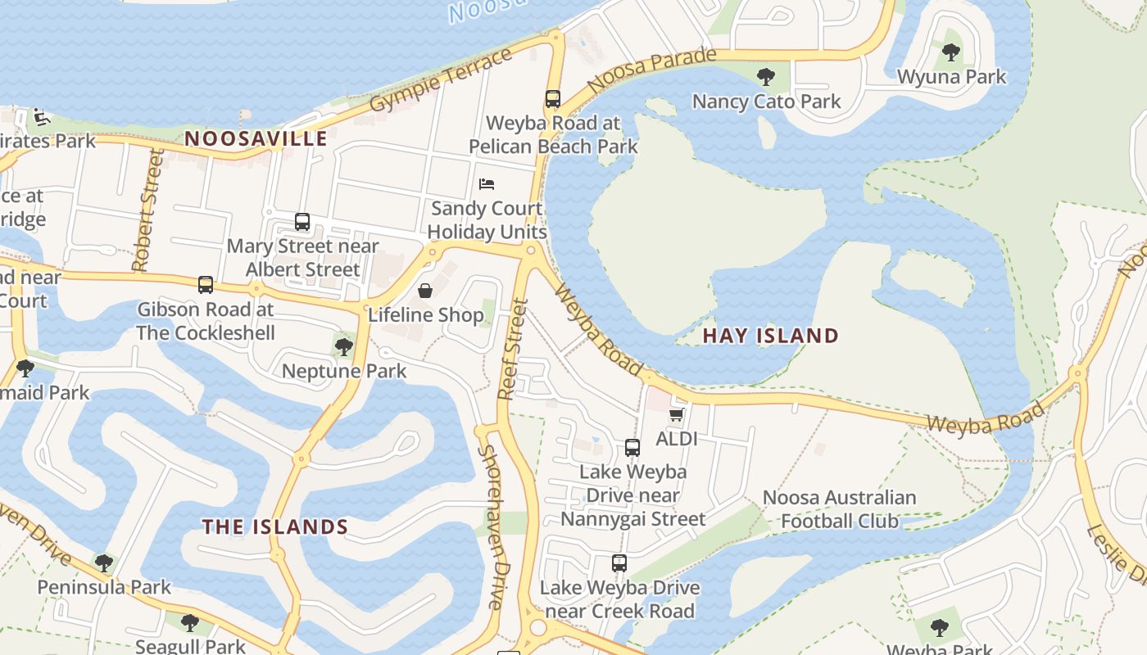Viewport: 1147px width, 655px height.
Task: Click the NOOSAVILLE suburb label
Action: (256, 138)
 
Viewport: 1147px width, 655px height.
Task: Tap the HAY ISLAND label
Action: (770, 336)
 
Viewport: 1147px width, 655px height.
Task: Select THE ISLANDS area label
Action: (275, 526)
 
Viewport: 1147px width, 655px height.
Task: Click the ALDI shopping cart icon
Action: (676, 415)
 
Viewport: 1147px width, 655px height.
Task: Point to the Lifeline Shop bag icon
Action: (425, 291)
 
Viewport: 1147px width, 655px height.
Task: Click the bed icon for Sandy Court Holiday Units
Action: (487, 184)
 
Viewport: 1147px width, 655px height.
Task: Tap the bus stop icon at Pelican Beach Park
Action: (553, 99)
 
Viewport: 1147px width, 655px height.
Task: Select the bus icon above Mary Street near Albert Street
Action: (302, 222)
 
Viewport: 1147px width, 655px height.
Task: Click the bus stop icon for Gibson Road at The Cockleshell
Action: (206, 285)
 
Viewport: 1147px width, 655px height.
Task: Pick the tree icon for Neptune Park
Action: (344, 347)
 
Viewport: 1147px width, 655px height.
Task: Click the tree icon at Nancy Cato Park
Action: (766, 77)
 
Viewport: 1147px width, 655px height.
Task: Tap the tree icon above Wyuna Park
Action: (951, 53)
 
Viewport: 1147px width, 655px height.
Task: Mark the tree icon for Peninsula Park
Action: (104, 563)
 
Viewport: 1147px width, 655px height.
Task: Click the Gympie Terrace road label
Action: (441, 80)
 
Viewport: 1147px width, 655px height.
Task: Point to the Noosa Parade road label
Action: (652, 70)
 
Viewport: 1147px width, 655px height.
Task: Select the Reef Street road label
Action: (513, 350)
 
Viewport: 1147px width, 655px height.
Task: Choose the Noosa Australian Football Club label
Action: (839, 509)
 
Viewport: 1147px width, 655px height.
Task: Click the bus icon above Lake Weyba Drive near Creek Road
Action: (619, 563)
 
